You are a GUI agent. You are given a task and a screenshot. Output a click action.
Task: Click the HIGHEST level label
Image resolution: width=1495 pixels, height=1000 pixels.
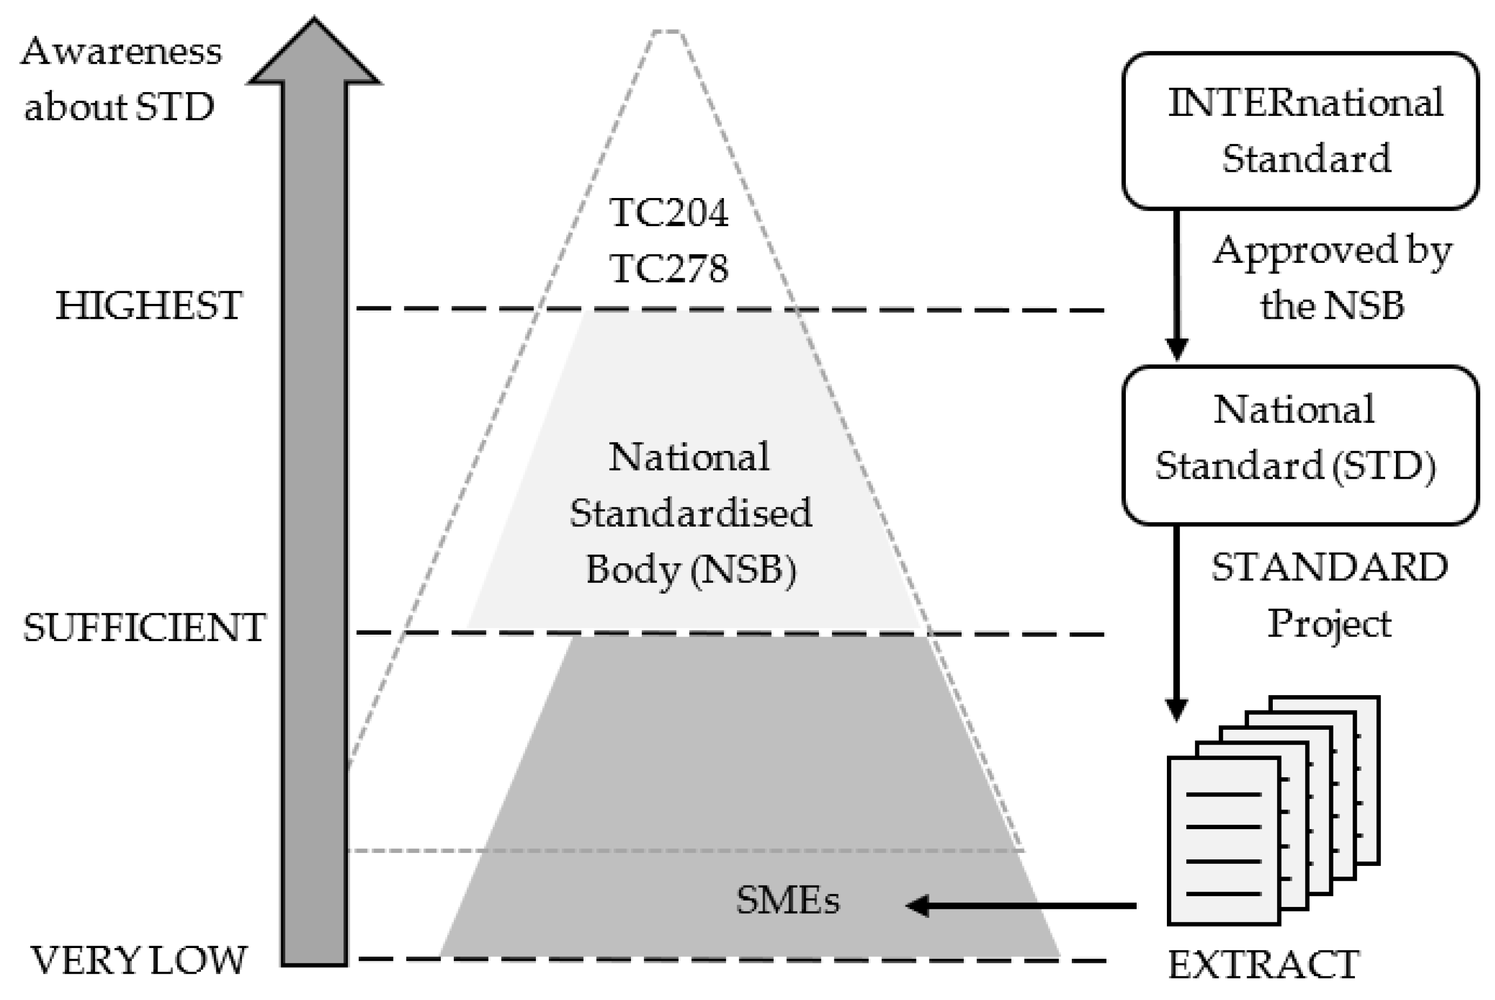[148, 305]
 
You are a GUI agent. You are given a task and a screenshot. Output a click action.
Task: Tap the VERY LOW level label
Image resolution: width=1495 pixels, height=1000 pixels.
[139, 960]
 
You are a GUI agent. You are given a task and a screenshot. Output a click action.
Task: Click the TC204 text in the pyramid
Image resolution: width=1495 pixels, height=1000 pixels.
[669, 212]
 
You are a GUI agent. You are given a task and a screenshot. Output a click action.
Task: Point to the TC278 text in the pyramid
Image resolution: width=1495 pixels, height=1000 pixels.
[669, 268]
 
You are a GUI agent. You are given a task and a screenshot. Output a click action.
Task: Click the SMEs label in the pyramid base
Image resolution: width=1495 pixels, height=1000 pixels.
[788, 900]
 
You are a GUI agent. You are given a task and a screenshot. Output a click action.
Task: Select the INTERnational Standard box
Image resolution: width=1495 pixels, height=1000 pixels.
[1301, 131]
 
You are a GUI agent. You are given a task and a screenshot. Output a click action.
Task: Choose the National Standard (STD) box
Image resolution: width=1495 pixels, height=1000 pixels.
[1301, 445]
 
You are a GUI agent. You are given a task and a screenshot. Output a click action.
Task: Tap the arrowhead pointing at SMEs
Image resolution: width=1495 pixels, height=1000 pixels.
[918, 905]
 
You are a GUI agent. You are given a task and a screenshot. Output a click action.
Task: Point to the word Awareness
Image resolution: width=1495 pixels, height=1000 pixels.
[121, 51]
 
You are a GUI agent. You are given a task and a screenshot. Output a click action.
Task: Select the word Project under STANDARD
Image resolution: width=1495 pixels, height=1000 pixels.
[1329, 624]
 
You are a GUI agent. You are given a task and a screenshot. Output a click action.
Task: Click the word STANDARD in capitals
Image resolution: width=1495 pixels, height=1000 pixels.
[1330, 568]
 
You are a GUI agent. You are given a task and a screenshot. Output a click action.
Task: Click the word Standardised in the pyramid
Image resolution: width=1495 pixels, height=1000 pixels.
[690, 513]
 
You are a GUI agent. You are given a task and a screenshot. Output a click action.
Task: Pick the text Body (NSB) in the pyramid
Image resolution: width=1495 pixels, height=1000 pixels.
[690, 569]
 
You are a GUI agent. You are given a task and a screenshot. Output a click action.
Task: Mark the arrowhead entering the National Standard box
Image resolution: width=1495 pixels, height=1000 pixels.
[1177, 350]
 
